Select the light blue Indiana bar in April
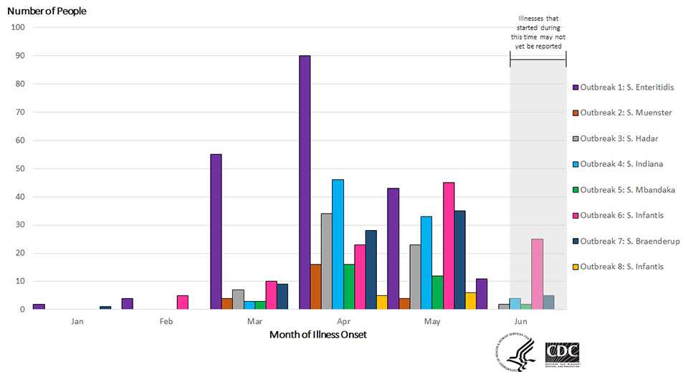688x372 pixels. click(x=338, y=244)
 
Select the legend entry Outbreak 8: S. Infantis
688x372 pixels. click(x=621, y=267)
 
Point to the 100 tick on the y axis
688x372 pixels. click(x=18, y=28)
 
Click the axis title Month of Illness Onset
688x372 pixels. click(x=318, y=335)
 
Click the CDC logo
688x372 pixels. click(x=563, y=352)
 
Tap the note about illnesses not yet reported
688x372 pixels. click(x=537, y=32)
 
